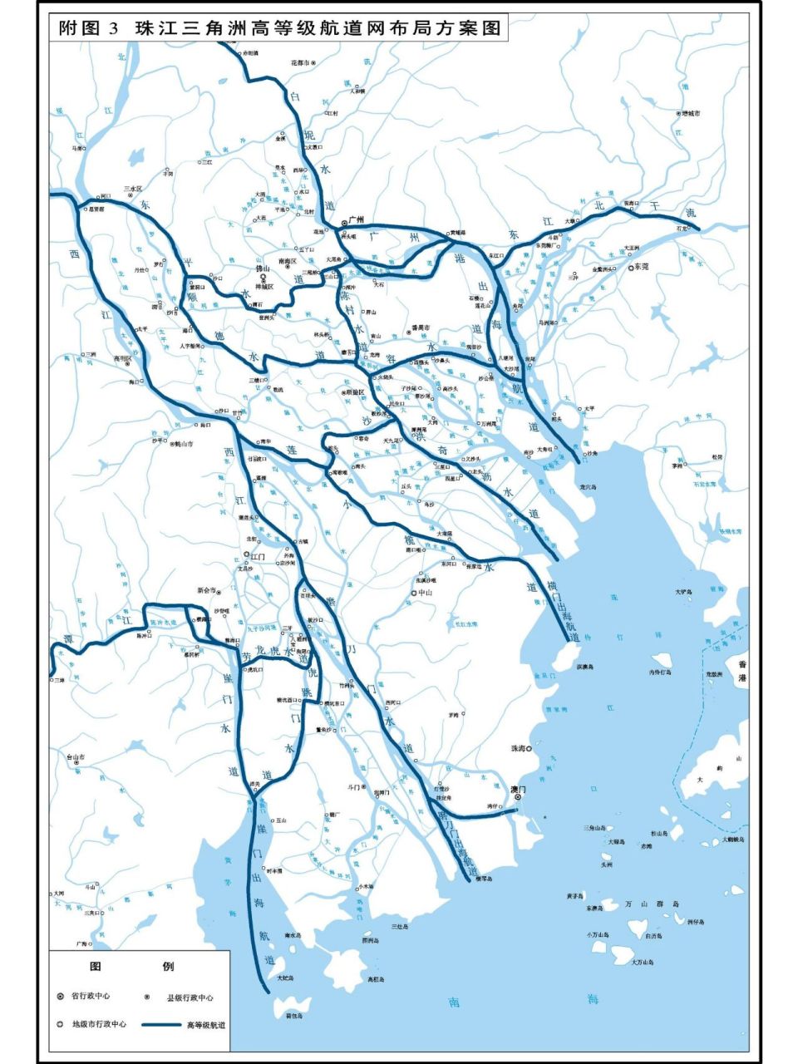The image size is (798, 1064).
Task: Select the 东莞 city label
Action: (x=641, y=267)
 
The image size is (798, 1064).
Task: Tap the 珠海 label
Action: (x=518, y=749)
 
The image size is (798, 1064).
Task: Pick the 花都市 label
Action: (x=299, y=62)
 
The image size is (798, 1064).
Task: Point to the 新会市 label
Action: (x=205, y=590)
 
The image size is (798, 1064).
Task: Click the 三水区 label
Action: (x=133, y=189)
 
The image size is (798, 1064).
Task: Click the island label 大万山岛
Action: (x=641, y=962)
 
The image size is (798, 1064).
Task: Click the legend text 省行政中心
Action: (x=90, y=996)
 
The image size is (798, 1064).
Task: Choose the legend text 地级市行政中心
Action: (x=99, y=1025)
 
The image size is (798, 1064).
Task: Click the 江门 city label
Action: (x=258, y=557)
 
